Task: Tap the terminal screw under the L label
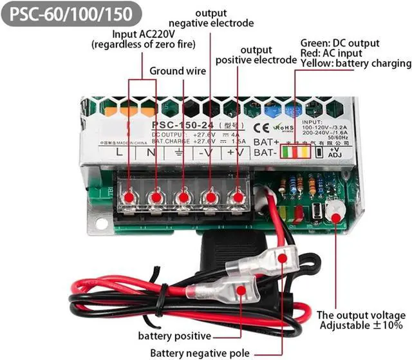pyautogui.click(x=129, y=196)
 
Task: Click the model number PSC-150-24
pyautogui.click(x=182, y=124)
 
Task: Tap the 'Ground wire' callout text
pyautogui.click(x=178, y=71)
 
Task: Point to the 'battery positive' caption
pyautogui.click(x=174, y=336)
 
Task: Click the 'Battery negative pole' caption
pyautogui.click(x=200, y=352)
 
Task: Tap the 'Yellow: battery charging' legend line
pyautogui.click(x=355, y=63)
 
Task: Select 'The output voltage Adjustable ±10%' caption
pyautogui.click(x=360, y=321)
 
